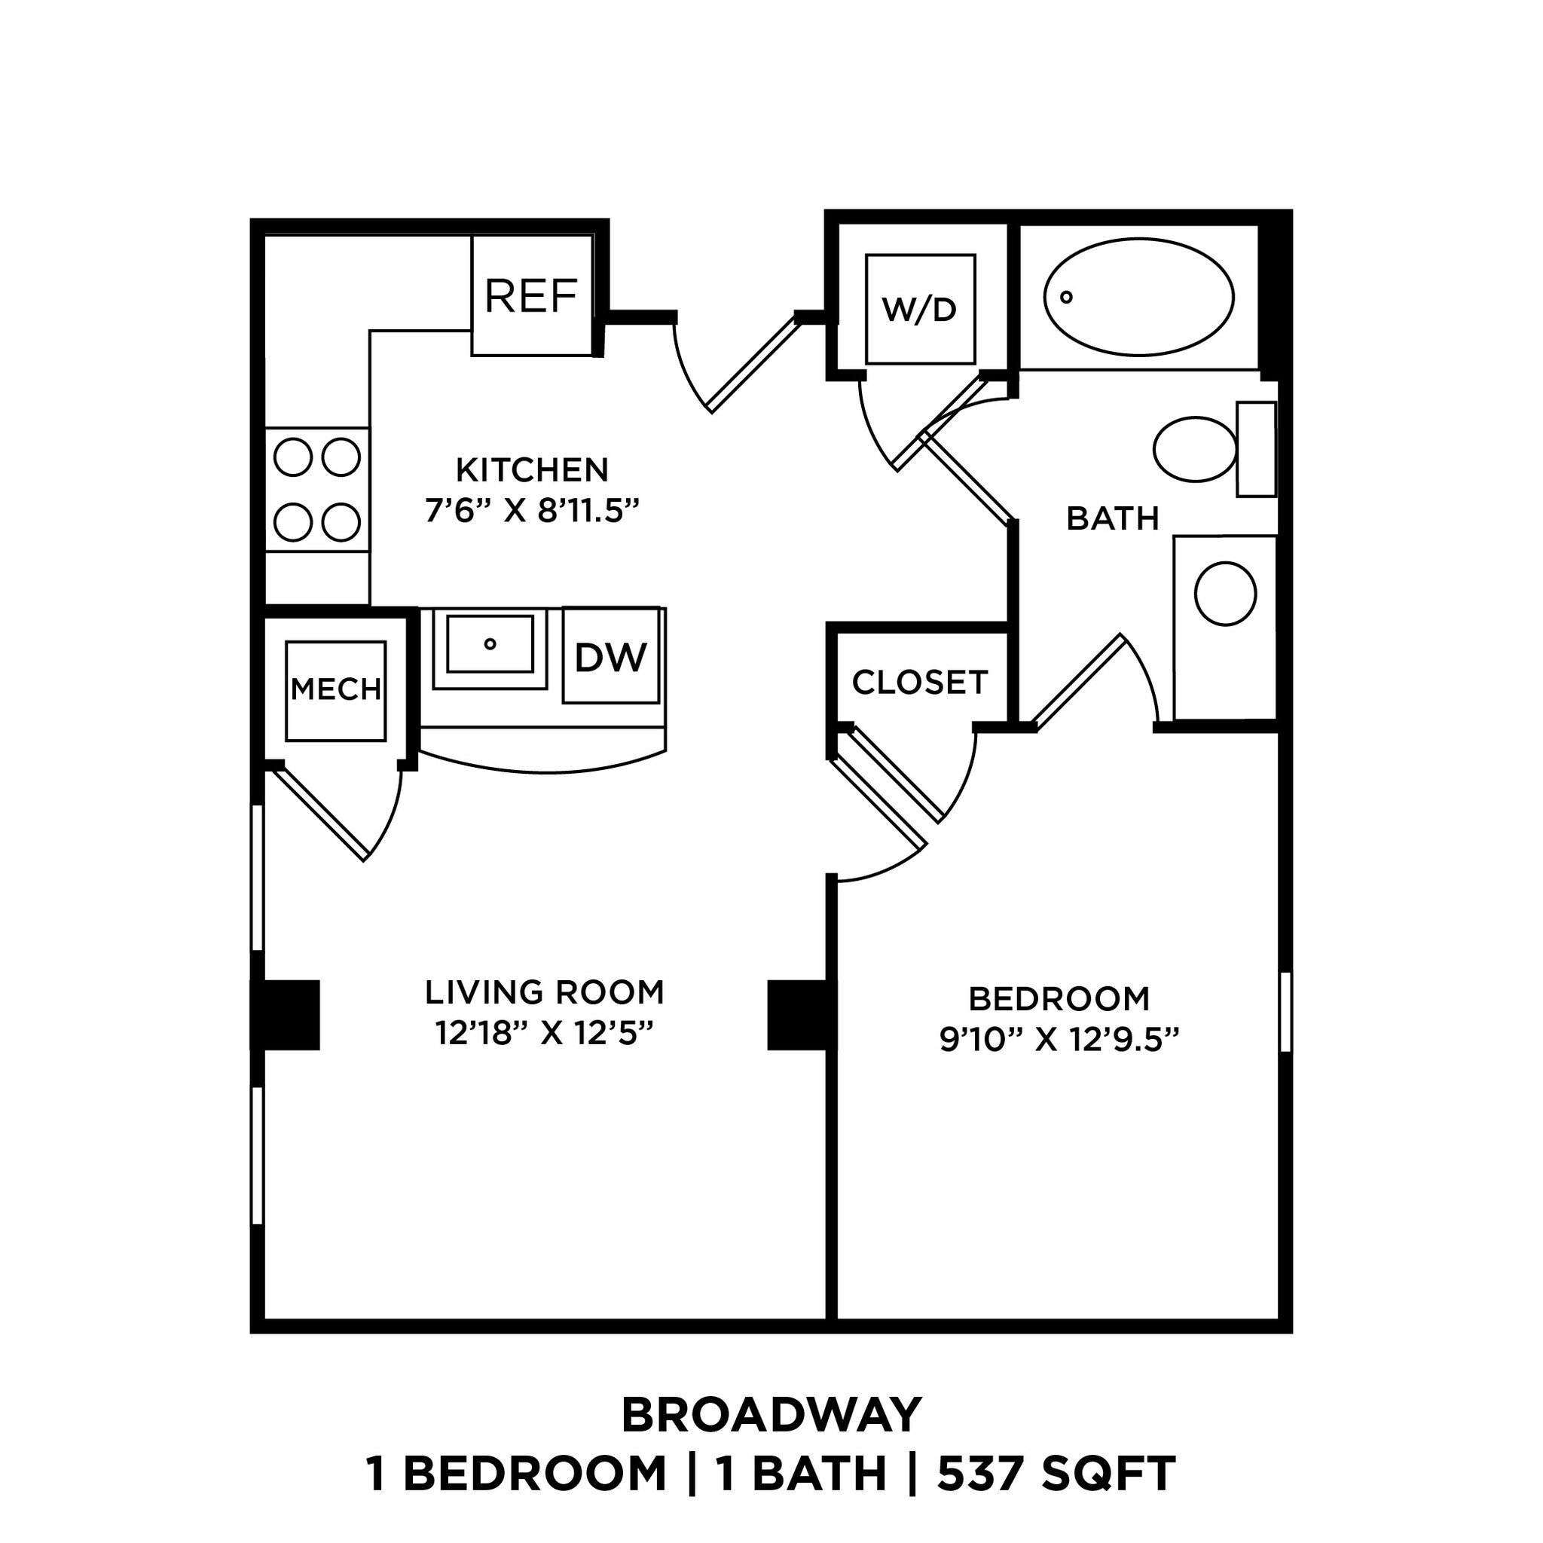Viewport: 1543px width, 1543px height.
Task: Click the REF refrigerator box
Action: (x=532, y=295)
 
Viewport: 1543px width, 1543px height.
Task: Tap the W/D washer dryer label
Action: (x=919, y=309)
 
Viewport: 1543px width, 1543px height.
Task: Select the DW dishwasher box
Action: (x=611, y=656)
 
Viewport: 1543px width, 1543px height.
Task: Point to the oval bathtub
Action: (x=1139, y=297)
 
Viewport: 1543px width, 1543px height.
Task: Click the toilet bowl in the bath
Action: (x=1195, y=449)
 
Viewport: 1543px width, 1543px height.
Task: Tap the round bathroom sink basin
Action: (x=1224, y=594)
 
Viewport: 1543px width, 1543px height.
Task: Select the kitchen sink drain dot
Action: (x=490, y=643)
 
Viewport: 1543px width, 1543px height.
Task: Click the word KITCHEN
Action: (x=532, y=469)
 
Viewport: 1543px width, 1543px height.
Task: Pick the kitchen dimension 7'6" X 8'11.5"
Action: (x=533, y=510)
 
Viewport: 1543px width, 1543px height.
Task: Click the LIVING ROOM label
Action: (x=545, y=992)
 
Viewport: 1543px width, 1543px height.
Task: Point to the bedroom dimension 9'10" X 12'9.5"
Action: (x=1059, y=1040)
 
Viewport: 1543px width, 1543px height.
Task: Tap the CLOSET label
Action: (x=920, y=682)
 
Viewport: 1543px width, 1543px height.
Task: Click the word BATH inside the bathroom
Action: (x=1113, y=519)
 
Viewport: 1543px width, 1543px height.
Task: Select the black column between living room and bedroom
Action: (x=797, y=1015)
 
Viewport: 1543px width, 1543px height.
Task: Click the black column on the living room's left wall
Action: (x=287, y=1015)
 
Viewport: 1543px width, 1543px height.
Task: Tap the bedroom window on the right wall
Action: (x=1285, y=1011)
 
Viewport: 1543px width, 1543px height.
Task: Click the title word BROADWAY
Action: (x=771, y=1416)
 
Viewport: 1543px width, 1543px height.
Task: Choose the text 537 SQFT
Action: (x=1056, y=1474)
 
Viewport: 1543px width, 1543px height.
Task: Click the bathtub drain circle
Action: (x=1065, y=297)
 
